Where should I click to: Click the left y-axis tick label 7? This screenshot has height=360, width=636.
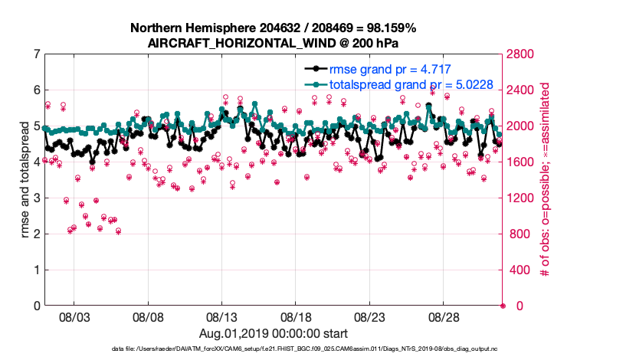click(36, 54)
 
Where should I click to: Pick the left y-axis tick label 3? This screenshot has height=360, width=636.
click(36, 198)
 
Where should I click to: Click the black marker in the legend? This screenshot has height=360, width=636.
click(313, 69)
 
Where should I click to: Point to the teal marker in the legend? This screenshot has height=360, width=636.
click(313, 84)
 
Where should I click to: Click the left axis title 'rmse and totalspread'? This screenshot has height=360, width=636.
click(25, 180)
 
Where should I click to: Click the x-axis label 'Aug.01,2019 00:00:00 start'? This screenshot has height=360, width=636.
click(274, 333)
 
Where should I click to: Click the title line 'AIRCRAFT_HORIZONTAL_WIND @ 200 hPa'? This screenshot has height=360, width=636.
click(274, 43)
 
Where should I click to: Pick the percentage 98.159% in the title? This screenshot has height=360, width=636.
click(390, 28)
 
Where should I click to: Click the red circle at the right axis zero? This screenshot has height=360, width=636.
click(503, 306)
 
